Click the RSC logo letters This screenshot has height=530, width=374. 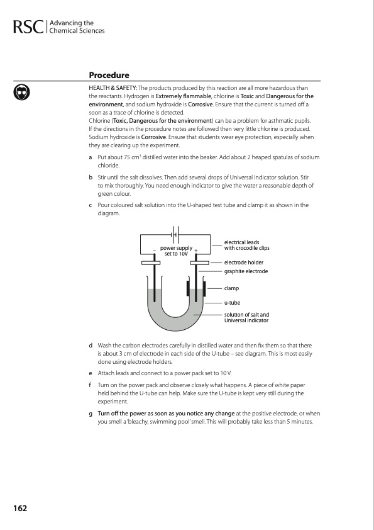[28, 27]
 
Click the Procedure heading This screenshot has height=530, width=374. [109, 75]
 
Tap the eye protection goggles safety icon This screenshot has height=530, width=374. [21, 93]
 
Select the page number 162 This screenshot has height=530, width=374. [20, 508]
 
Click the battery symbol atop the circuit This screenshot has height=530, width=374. [175, 235]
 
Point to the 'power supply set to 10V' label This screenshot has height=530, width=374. [176, 251]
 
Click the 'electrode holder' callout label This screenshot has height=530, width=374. [244, 262]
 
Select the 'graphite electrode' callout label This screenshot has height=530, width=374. [246, 271]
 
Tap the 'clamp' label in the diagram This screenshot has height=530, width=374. [231, 288]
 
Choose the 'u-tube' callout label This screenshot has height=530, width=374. [232, 303]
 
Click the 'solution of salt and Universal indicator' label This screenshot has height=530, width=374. [247, 317]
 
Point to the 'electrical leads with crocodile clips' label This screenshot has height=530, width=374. [247, 245]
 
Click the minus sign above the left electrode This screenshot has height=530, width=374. [154, 251]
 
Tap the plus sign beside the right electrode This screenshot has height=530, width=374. [195, 251]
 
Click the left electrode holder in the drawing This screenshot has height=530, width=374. [151, 263]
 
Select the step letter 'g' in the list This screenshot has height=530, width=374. [91, 414]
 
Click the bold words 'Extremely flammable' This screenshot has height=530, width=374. [184, 96]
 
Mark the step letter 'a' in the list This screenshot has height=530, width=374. [91, 157]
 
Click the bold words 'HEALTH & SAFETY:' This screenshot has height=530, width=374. [113, 88]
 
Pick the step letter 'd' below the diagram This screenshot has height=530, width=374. [91, 346]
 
